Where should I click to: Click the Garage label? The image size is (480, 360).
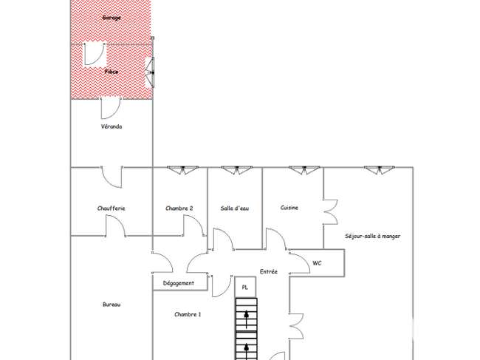click(112, 18)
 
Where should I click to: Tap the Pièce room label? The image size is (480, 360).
click(112, 72)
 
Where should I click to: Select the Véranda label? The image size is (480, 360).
click(112, 126)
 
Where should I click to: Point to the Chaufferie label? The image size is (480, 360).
click(111, 208)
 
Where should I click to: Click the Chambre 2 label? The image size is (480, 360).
click(179, 208)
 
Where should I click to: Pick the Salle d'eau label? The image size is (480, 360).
click(235, 208)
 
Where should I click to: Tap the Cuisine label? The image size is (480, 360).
click(289, 208)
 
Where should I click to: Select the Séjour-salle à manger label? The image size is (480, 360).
click(372, 237)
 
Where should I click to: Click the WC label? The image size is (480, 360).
click(317, 263)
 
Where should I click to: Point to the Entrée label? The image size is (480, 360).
click(269, 272)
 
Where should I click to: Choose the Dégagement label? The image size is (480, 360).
click(179, 283)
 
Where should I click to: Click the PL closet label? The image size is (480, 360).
click(245, 288)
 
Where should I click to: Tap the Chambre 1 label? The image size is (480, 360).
click(188, 314)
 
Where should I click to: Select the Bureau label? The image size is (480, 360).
click(112, 305)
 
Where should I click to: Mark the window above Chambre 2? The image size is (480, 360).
click(182, 170)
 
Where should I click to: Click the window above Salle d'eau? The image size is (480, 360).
click(236, 170)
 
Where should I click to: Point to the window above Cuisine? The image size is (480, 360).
click(304, 170)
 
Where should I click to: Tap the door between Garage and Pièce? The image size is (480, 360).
click(95, 54)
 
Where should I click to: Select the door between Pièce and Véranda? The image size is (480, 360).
click(111, 108)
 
